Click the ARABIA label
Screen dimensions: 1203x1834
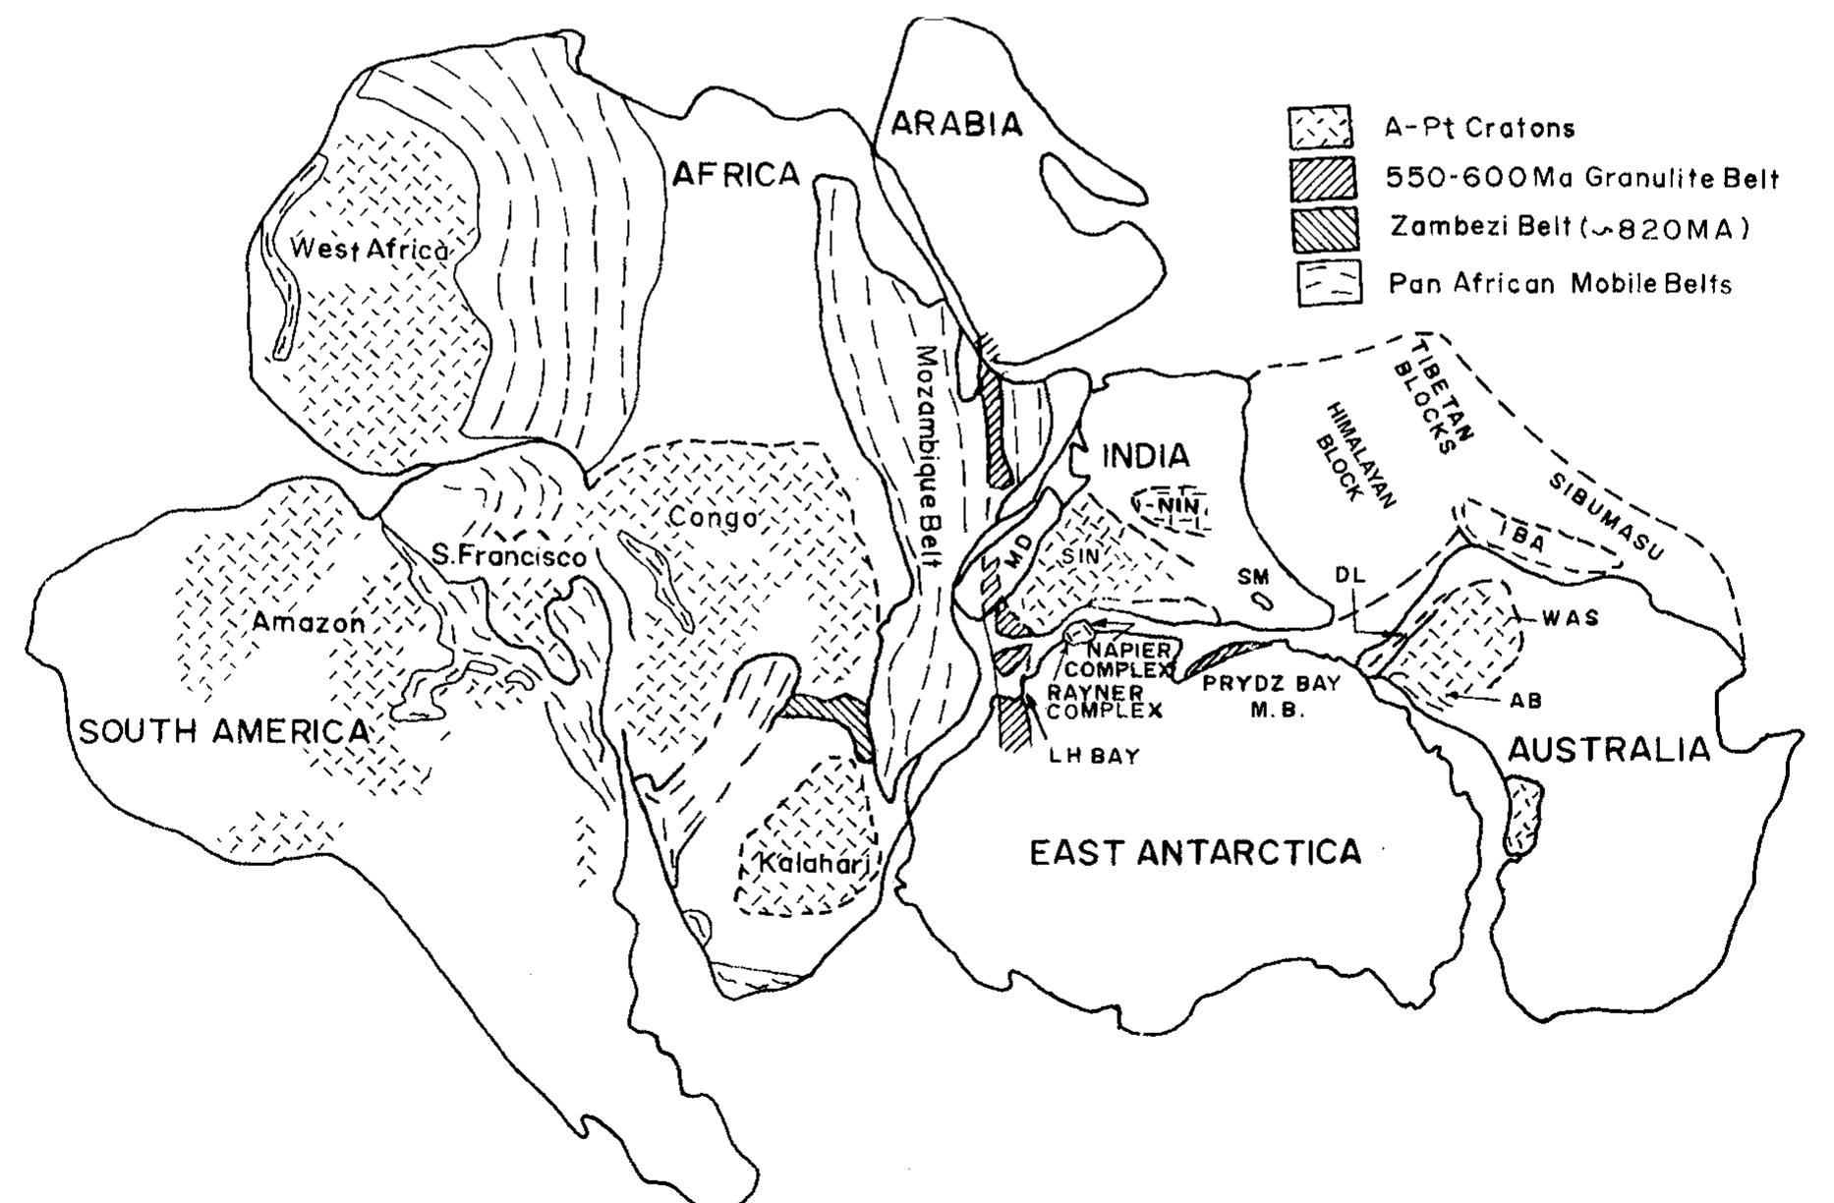tap(957, 125)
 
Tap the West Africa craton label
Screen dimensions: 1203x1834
tap(369, 250)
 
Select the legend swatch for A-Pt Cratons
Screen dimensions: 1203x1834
tap(1320, 128)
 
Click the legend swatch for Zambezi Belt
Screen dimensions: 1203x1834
tap(1325, 229)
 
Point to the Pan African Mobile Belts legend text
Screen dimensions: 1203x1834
tap(1560, 284)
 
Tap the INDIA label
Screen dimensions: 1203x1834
tap(1146, 456)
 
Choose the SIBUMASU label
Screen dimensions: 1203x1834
tap(1606, 515)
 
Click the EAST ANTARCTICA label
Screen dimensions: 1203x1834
tap(1195, 851)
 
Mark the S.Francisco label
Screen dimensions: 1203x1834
tap(509, 556)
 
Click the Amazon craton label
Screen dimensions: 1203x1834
tap(308, 622)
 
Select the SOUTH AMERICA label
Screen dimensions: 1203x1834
tap(224, 731)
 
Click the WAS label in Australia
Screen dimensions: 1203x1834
tap(1570, 618)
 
